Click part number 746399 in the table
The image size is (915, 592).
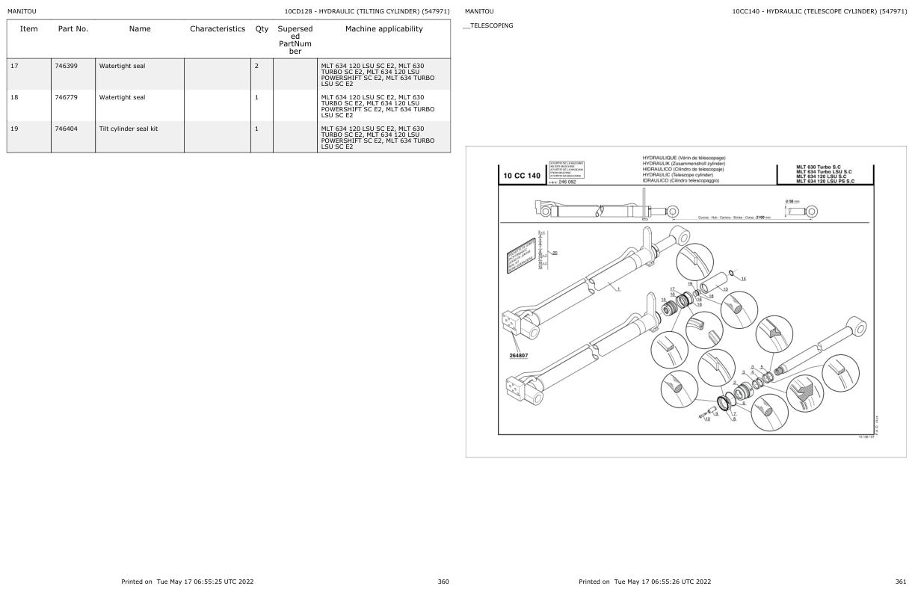pos(66,66)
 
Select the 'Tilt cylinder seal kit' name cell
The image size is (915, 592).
pos(129,129)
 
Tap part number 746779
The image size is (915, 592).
pos(66,97)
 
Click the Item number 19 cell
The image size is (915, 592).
pos(15,129)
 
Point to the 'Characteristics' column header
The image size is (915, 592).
pos(218,29)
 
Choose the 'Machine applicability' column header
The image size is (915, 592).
pos(383,29)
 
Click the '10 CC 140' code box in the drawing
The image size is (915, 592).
pos(522,176)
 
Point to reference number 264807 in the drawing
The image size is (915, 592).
pos(519,355)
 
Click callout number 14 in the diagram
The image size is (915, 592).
pos(743,279)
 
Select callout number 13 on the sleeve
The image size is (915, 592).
pos(725,289)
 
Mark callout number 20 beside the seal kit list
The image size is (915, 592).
pos(555,253)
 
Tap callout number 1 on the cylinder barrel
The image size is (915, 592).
pos(618,289)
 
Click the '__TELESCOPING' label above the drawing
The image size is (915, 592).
pos(489,25)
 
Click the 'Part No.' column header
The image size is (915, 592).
pos(73,29)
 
